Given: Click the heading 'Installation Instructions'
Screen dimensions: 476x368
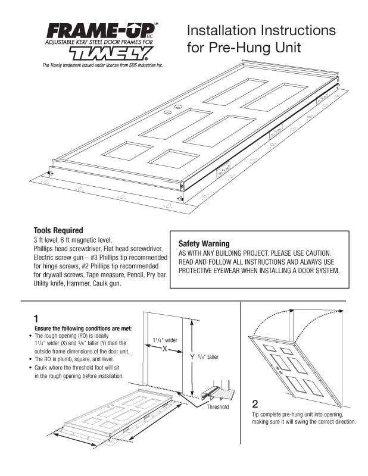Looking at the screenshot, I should (x=261, y=30).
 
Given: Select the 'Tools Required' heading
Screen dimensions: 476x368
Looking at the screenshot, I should (x=58, y=230).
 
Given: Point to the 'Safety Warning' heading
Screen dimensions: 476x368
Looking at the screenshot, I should (x=204, y=243).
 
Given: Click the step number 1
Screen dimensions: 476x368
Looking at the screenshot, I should (x=36, y=318).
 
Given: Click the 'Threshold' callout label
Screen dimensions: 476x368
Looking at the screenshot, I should (x=217, y=408).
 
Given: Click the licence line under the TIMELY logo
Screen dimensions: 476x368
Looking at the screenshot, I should (x=102, y=65).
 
